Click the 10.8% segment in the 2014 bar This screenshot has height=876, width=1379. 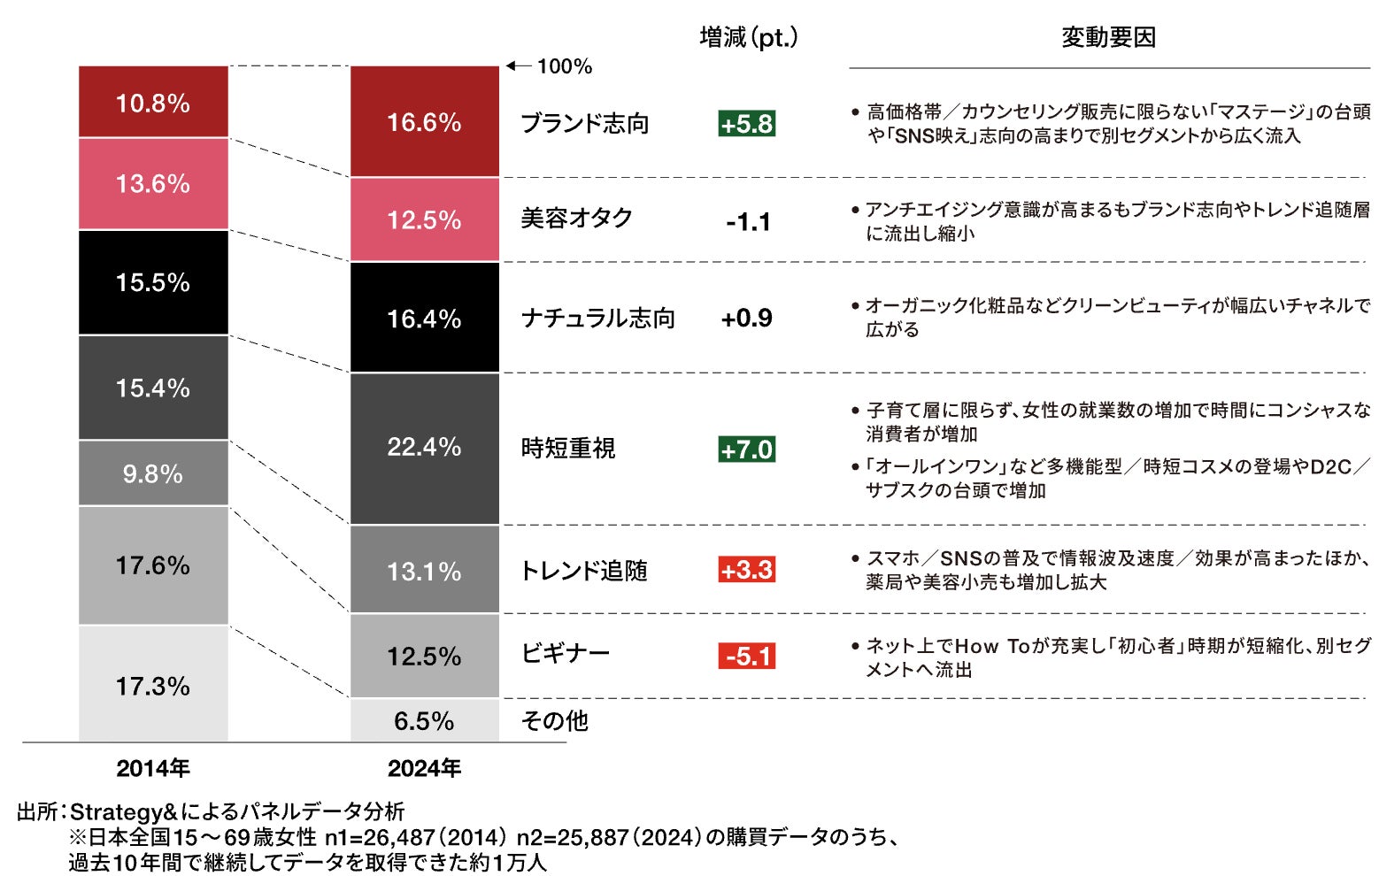153,103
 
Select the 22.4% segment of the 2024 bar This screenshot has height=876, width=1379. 424,447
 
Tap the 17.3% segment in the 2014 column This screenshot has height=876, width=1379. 153,685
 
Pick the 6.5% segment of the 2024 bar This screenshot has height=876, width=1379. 424,720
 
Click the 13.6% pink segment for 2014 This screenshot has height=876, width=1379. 153,184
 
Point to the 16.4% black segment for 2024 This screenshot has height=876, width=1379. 424,318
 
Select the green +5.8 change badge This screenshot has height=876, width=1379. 746,124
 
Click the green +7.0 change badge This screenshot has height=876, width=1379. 746,450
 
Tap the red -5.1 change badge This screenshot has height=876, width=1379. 746,657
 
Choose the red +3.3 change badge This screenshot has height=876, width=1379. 746,570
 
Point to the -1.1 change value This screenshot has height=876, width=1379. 747,221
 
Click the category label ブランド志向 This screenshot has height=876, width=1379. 584,124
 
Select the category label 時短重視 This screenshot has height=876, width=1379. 567,449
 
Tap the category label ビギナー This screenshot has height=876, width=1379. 566,654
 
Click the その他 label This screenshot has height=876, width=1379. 554,721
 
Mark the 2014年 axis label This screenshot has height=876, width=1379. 153,768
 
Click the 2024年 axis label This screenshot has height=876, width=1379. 424,768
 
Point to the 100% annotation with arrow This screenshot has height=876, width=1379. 551,66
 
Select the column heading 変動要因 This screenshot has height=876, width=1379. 1108,37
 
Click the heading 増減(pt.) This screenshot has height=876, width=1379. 748,37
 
